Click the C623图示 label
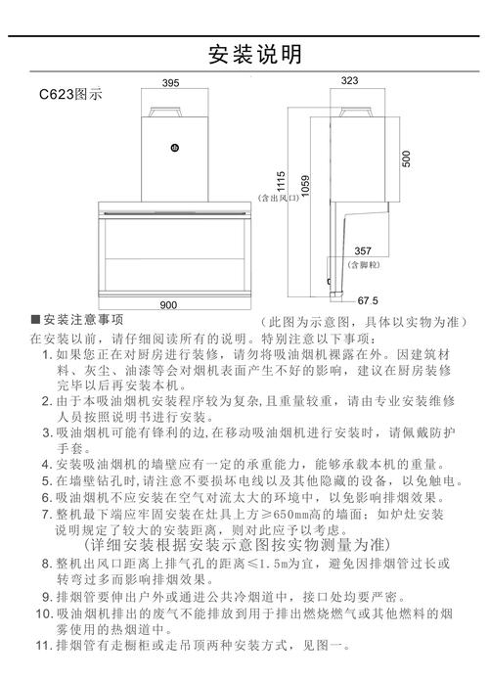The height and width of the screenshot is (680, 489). click(x=70, y=95)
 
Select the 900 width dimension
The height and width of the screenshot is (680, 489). click(x=168, y=304)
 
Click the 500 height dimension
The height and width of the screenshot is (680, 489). click(x=406, y=157)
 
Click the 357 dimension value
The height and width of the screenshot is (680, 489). click(x=363, y=251)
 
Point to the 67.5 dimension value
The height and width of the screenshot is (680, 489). click(x=368, y=300)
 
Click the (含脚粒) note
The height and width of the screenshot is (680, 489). click(x=363, y=263)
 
